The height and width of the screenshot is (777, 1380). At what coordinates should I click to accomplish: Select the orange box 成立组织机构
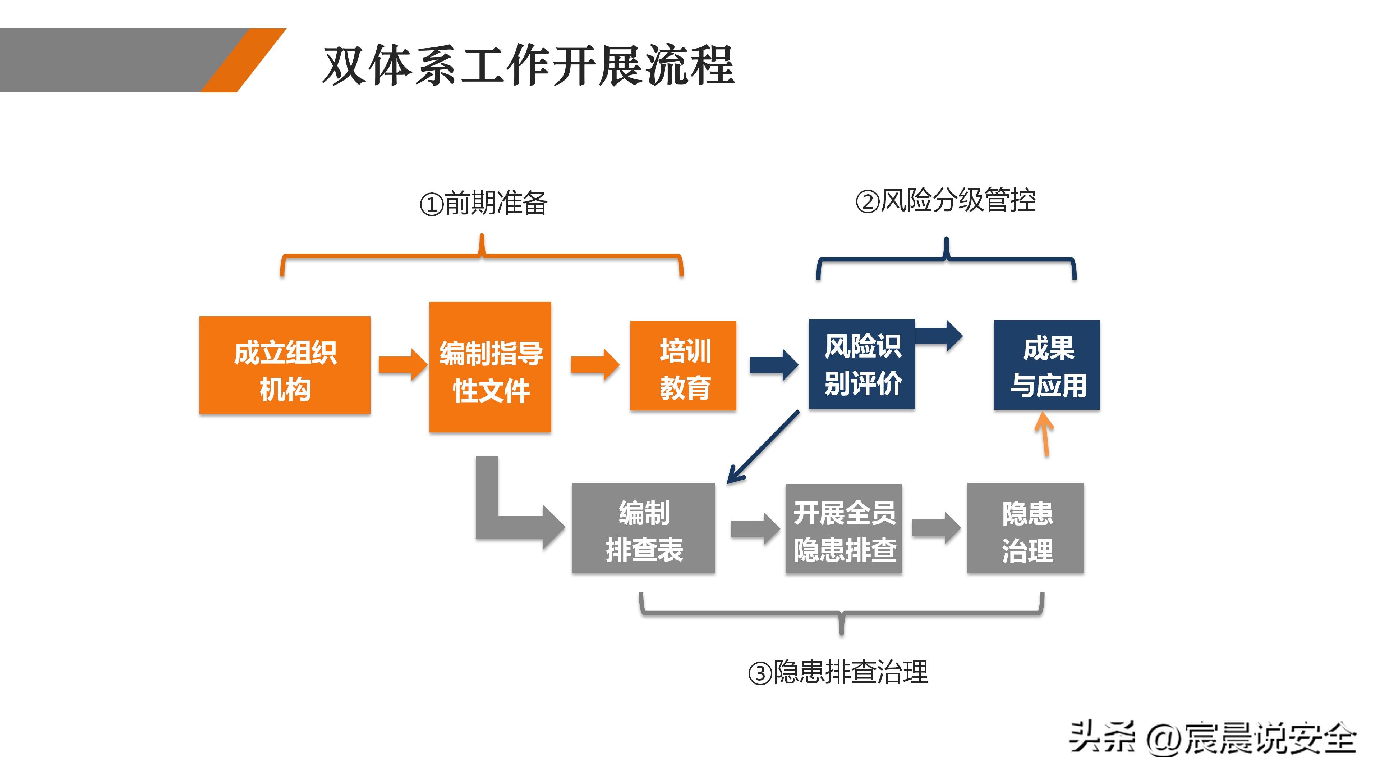click(285, 365)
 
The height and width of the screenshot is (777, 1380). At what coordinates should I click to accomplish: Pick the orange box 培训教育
click(683, 366)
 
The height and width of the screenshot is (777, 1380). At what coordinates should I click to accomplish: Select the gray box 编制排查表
click(643, 528)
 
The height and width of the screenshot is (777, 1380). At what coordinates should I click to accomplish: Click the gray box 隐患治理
click(1025, 528)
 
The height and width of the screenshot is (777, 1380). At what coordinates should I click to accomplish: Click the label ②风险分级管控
click(945, 201)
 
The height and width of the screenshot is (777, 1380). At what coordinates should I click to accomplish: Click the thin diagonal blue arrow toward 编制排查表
click(763, 447)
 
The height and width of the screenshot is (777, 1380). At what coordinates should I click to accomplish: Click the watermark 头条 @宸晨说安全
click(1212, 738)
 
